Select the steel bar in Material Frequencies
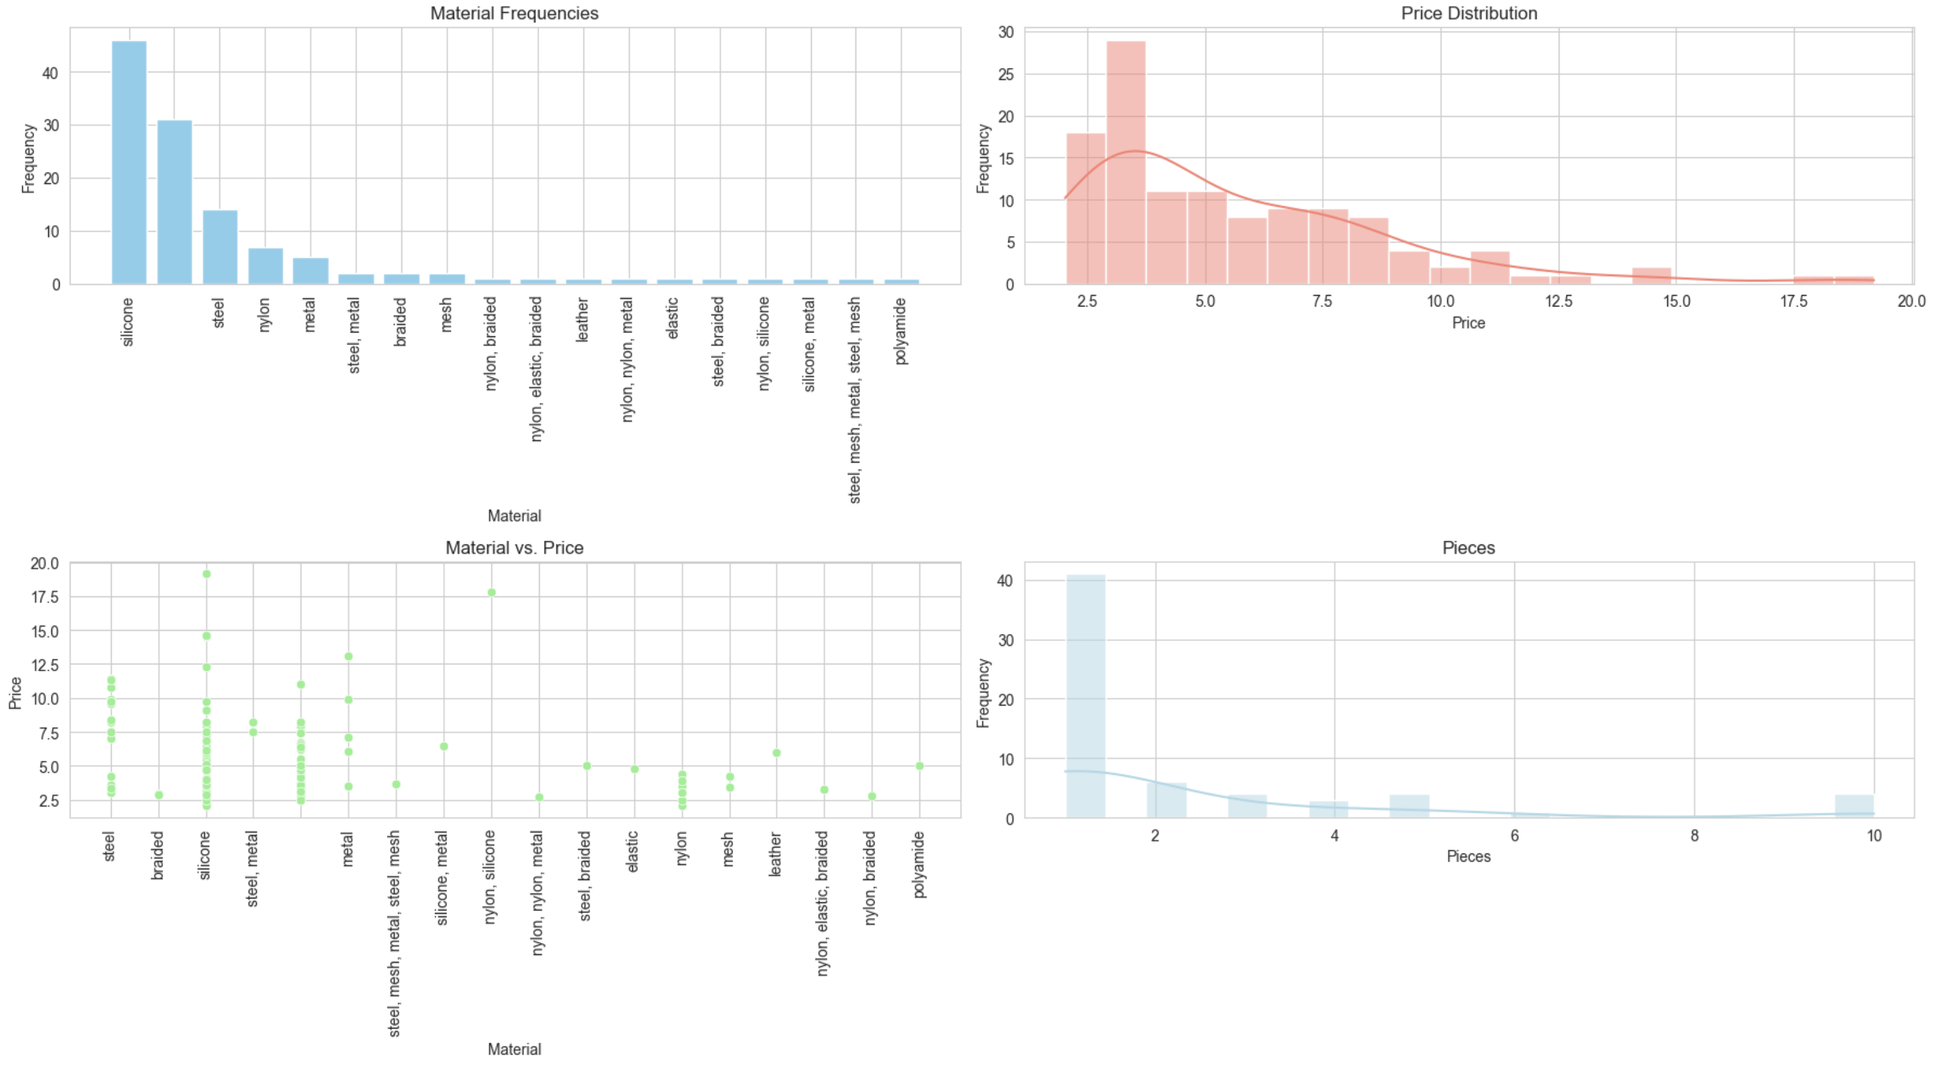(220, 247)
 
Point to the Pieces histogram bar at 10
(1854, 806)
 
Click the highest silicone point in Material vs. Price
(206, 574)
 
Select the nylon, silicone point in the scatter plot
(491, 592)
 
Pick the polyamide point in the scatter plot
(919, 766)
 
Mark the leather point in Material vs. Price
(777, 753)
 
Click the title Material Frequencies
(514, 13)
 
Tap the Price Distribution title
(1469, 13)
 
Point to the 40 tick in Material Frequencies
(50, 73)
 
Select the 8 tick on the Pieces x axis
(1694, 836)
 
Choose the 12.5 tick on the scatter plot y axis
(44, 665)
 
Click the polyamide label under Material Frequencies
(901, 331)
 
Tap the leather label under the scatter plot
(776, 853)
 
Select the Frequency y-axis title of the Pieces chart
(983, 692)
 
